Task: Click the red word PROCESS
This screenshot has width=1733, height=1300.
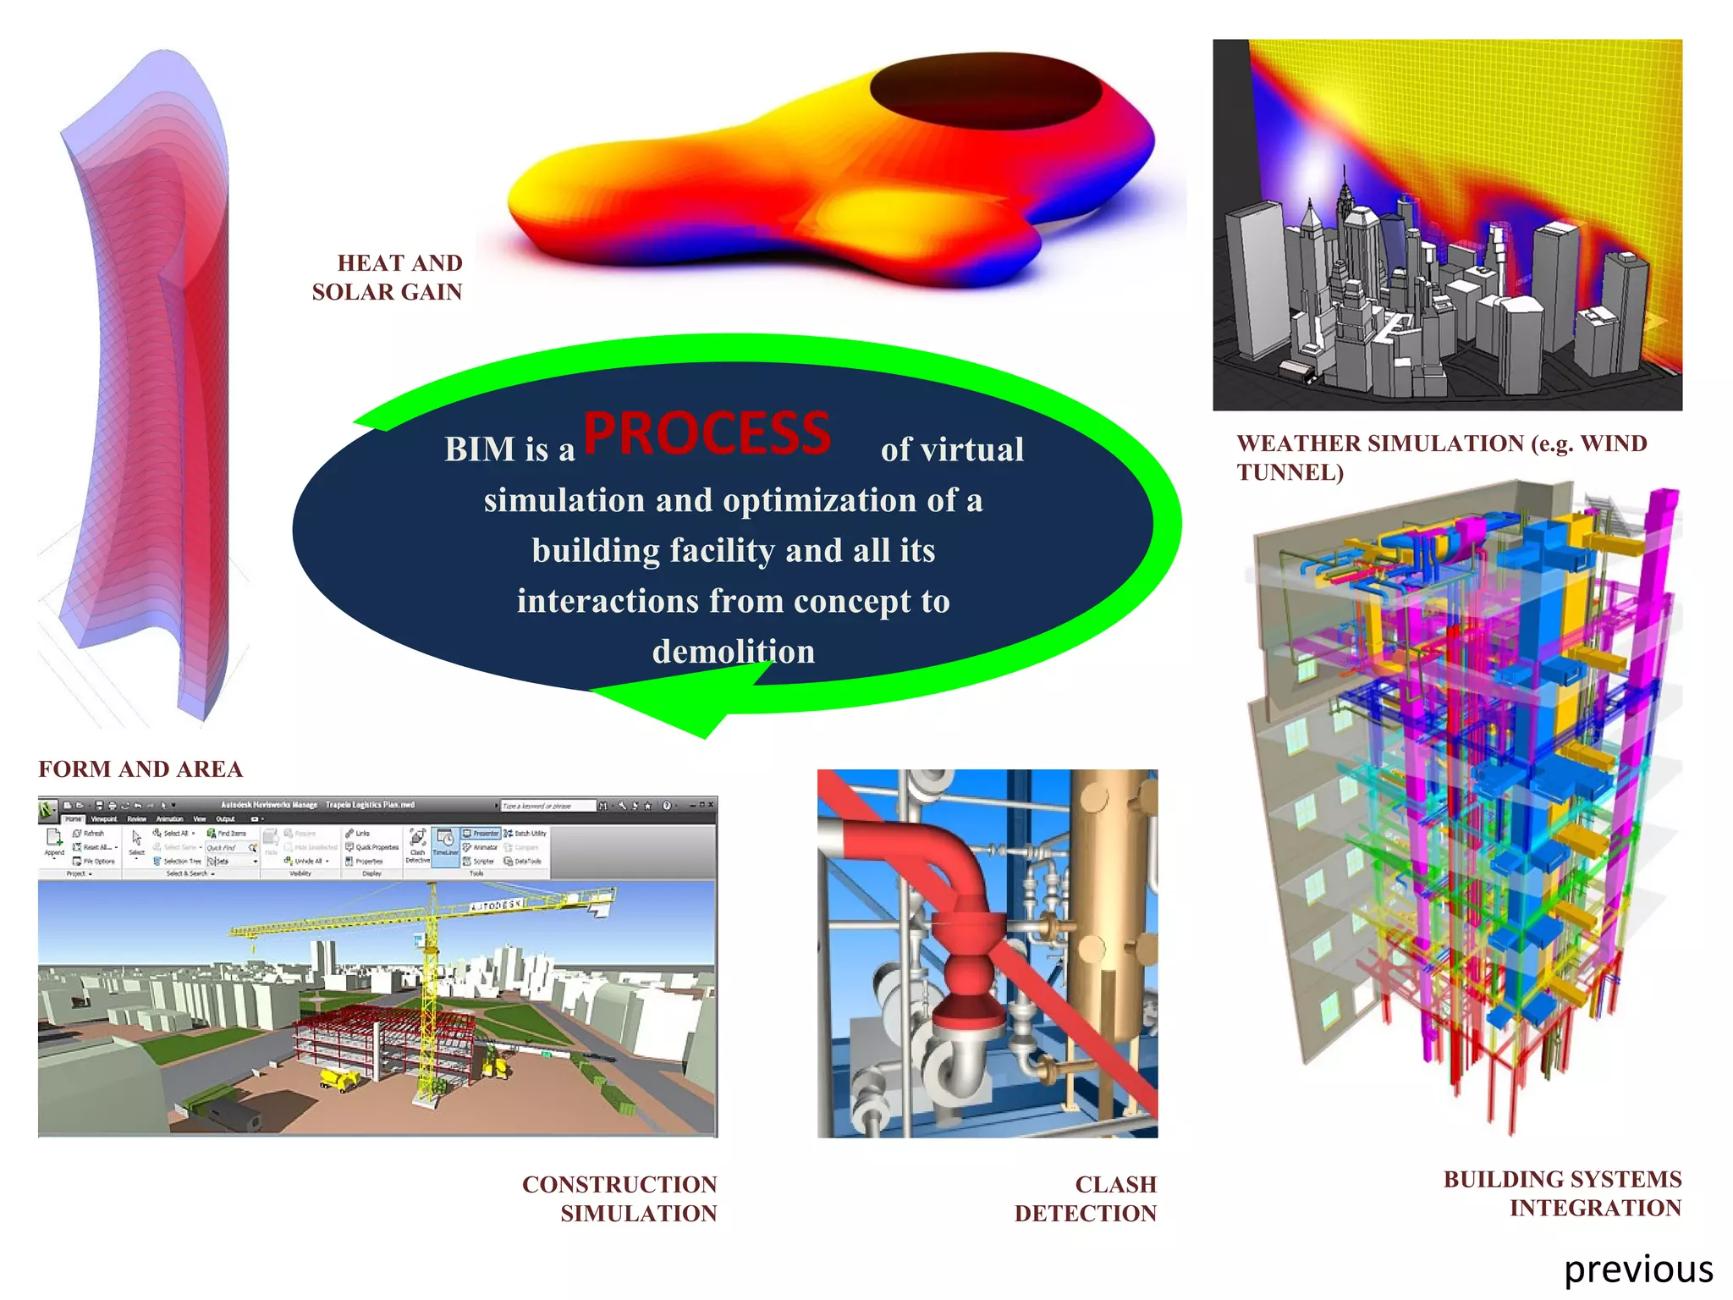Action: click(x=707, y=434)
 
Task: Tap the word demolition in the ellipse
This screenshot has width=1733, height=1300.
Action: click(x=734, y=652)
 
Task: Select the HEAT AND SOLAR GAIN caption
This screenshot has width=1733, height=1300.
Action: click(x=388, y=278)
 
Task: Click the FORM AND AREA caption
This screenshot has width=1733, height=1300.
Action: click(x=140, y=768)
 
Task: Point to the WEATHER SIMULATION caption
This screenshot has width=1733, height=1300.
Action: click(x=1441, y=457)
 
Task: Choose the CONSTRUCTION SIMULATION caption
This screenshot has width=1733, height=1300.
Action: click(x=619, y=1198)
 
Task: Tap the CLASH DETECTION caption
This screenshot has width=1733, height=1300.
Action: click(x=1086, y=1198)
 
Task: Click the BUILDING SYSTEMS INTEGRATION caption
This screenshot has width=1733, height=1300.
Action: click(x=1562, y=1193)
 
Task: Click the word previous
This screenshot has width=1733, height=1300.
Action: click(x=1638, y=1270)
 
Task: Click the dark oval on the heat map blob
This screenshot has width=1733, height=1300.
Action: click(x=986, y=93)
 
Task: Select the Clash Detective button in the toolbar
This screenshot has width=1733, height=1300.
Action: click(x=417, y=845)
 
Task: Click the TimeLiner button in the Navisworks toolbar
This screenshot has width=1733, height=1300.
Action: click(x=445, y=845)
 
